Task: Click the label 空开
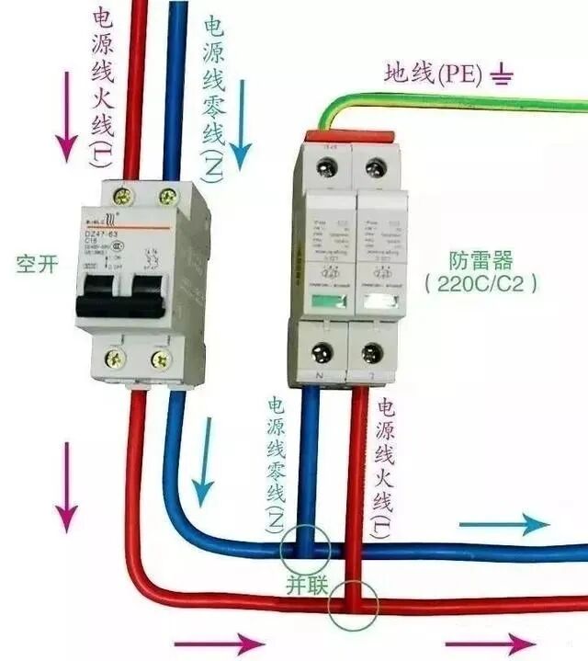click(37, 265)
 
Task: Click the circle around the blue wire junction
click(306, 551)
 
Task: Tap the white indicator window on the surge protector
click(377, 301)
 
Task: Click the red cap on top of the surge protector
click(348, 136)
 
